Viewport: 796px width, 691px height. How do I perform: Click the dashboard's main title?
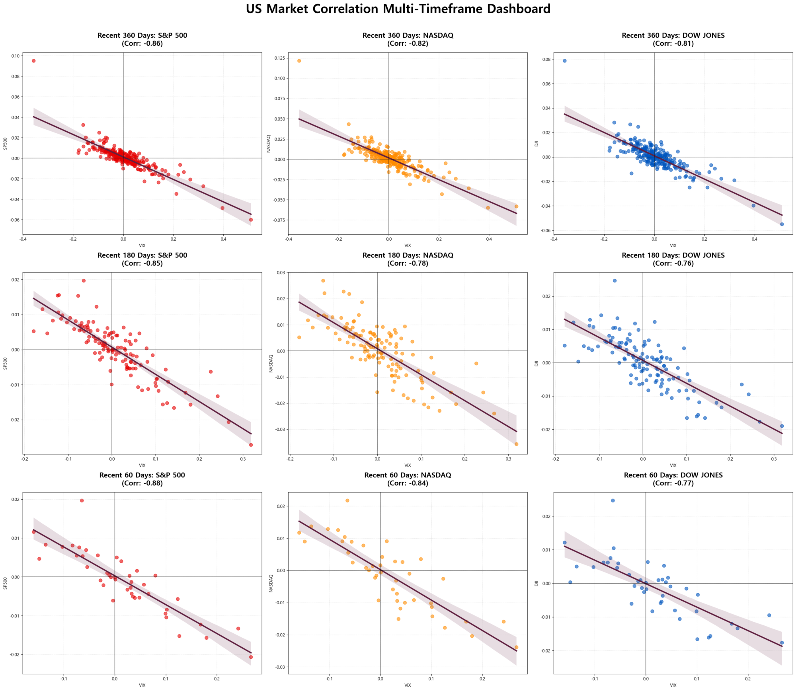point(398,9)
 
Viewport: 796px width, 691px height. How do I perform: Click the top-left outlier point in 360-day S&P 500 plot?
point(34,61)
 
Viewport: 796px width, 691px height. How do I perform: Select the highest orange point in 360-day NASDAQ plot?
point(299,61)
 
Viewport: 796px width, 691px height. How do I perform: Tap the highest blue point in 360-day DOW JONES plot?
point(564,61)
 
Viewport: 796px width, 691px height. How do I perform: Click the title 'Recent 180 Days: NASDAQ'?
point(408,255)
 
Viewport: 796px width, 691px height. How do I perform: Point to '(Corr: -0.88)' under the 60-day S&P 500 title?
point(142,483)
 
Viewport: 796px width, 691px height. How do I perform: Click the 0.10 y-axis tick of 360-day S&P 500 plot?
point(16,56)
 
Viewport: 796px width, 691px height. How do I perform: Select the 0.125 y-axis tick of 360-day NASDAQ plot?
point(279,58)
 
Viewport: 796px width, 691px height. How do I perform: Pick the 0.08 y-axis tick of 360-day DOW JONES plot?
point(546,60)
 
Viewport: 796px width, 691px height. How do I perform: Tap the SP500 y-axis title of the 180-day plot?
point(5,363)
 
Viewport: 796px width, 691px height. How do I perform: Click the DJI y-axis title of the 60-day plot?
point(536,583)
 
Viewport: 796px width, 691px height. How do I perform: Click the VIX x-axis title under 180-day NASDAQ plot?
point(408,465)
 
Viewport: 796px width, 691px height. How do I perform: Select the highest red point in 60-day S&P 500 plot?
point(82,500)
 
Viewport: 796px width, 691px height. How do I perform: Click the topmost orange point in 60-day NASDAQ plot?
point(347,500)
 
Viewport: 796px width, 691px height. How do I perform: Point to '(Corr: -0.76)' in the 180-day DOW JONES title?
point(673,263)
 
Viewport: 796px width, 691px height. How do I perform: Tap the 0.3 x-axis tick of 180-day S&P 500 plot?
point(243,459)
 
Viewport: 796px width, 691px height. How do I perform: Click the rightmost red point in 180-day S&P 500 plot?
point(251,445)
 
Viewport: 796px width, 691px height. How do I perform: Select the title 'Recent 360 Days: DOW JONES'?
point(673,35)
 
